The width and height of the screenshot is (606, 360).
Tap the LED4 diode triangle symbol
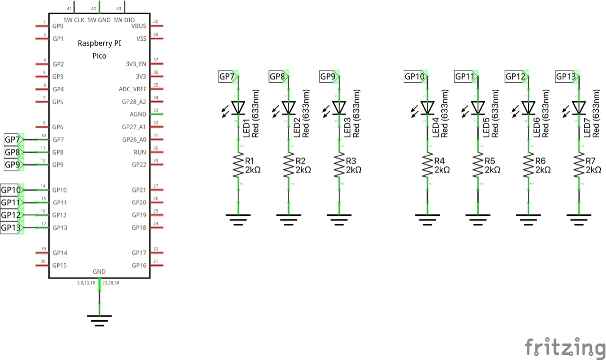[x=428, y=108]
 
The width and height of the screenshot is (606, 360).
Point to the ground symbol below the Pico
[x=99, y=320]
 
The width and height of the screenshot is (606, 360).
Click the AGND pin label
[x=138, y=114]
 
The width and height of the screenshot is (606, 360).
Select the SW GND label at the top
[x=98, y=20]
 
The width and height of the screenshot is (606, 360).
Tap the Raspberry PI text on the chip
[x=99, y=43]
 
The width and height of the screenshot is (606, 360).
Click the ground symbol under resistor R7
[x=579, y=219]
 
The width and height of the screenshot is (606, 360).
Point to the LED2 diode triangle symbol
[x=289, y=108]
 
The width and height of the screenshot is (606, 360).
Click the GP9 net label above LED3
[x=328, y=76]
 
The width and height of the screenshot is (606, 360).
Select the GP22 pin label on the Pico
[x=139, y=165]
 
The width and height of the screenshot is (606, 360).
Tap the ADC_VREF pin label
[x=132, y=89]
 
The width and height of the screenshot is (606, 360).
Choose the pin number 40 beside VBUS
[x=155, y=22]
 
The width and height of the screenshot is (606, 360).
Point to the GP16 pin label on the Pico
[x=139, y=265]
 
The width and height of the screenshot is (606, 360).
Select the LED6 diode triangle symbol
[x=528, y=108]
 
